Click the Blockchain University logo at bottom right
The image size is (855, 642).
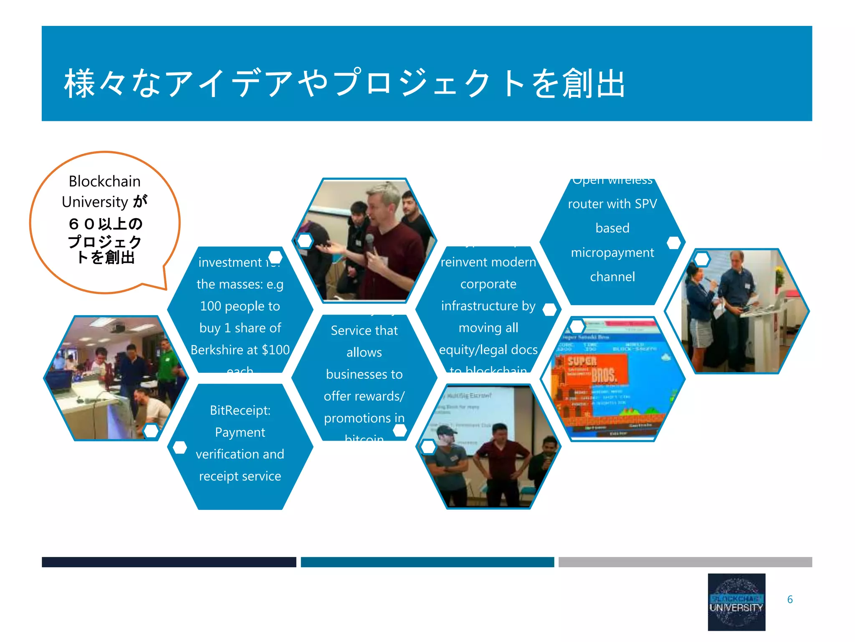[x=736, y=601]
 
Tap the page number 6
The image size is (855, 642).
[x=789, y=599]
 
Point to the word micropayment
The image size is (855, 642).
[x=612, y=253]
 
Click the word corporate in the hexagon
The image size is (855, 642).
[x=488, y=284]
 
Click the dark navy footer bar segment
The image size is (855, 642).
[x=169, y=562]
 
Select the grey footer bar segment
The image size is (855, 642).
[x=685, y=562]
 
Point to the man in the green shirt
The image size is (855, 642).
[x=167, y=359]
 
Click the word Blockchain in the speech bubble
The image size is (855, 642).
[x=104, y=181]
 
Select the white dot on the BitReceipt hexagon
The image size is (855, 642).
[x=180, y=447]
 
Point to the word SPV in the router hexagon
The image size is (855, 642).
[x=645, y=204]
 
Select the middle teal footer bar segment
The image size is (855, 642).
[x=427, y=562]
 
